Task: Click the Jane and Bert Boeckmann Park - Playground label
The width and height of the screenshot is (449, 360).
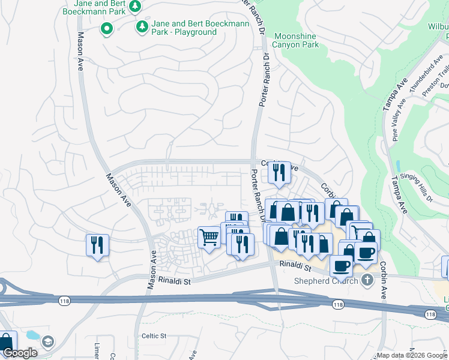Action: pyautogui.click(x=184, y=28)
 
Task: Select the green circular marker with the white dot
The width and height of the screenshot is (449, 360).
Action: pyautogui.click(x=107, y=28)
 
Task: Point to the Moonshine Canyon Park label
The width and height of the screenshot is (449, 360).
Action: pyautogui.click(x=295, y=40)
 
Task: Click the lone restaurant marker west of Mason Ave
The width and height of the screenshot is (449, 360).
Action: pyautogui.click(x=97, y=245)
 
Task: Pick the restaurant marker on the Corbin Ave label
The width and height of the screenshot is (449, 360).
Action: pyautogui.click(x=279, y=173)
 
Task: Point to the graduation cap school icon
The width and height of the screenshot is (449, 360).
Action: pyautogui.click(x=48, y=342)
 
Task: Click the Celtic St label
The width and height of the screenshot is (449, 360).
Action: pyautogui.click(x=154, y=336)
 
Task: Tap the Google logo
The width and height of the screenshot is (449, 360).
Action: pyautogui.click(x=20, y=353)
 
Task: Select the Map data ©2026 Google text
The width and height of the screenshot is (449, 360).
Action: pyautogui.click(x=412, y=355)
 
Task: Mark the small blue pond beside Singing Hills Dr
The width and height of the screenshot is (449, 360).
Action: pyautogui.click(x=398, y=166)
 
